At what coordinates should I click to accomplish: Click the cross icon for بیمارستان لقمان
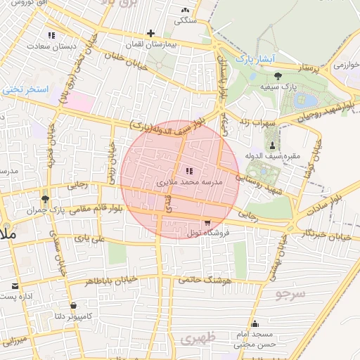tap(150, 33)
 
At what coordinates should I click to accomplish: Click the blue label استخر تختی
tap(25, 89)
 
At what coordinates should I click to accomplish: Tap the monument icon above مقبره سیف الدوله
tap(273, 145)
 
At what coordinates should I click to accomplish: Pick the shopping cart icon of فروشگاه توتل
tap(207, 222)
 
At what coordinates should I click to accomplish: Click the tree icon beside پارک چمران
tap(45, 200)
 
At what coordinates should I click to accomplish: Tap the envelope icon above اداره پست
tap(15, 285)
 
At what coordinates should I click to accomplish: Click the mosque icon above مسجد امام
tap(255, 324)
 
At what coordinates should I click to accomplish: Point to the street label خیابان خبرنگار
tap(325, 232)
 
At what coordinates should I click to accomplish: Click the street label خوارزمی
tap(345, 65)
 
